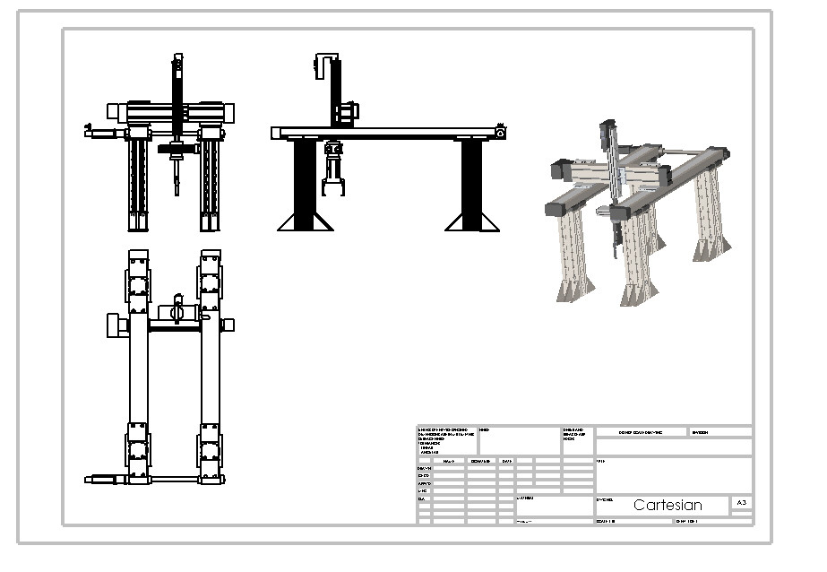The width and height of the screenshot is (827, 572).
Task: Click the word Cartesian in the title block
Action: click(x=668, y=505)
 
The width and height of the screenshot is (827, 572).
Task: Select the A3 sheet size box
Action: click(x=741, y=504)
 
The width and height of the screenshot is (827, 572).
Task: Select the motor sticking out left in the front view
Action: click(x=103, y=134)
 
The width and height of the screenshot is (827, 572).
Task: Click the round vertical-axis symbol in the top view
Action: click(x=177, y=311)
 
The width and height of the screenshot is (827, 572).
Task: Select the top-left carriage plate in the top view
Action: click(x=138, y=281)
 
